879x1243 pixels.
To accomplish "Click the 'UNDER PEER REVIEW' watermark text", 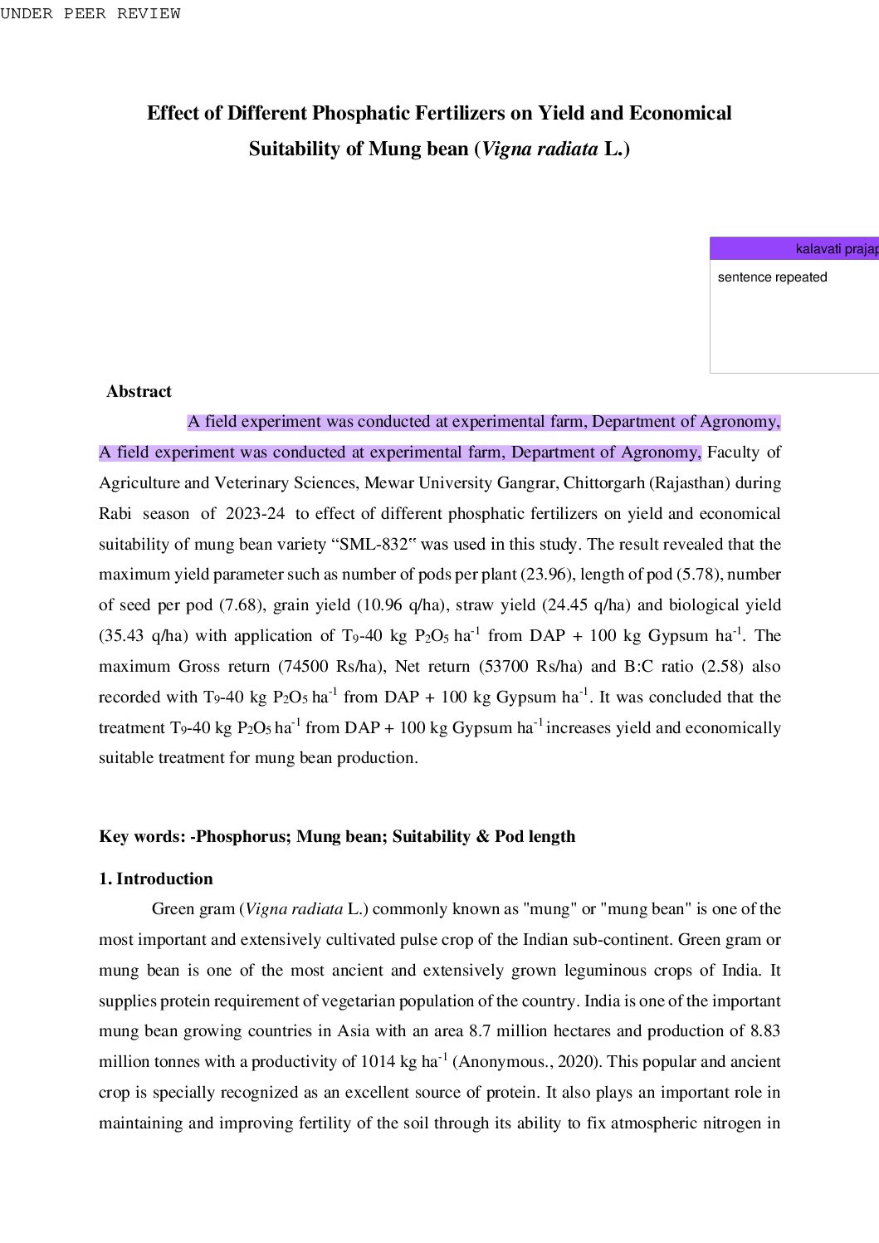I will [x=90, y=13].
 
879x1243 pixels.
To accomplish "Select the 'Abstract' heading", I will [x=139, y=391].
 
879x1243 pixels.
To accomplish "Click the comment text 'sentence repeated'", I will [x=772, y=277].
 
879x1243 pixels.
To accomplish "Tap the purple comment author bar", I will [x=794, y=248].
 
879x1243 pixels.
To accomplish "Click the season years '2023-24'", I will [x=255, y=514].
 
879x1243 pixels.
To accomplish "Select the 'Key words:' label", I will [x=142, y=836].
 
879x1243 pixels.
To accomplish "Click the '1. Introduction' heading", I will [x=156, y=878].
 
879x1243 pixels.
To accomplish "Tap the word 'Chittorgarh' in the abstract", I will [x=603, y=483].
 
